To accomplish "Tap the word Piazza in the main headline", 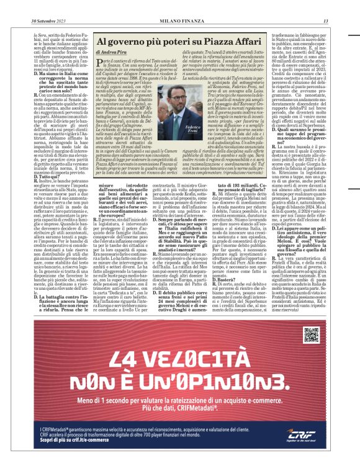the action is pyautogui.click(x=192, y=42).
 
